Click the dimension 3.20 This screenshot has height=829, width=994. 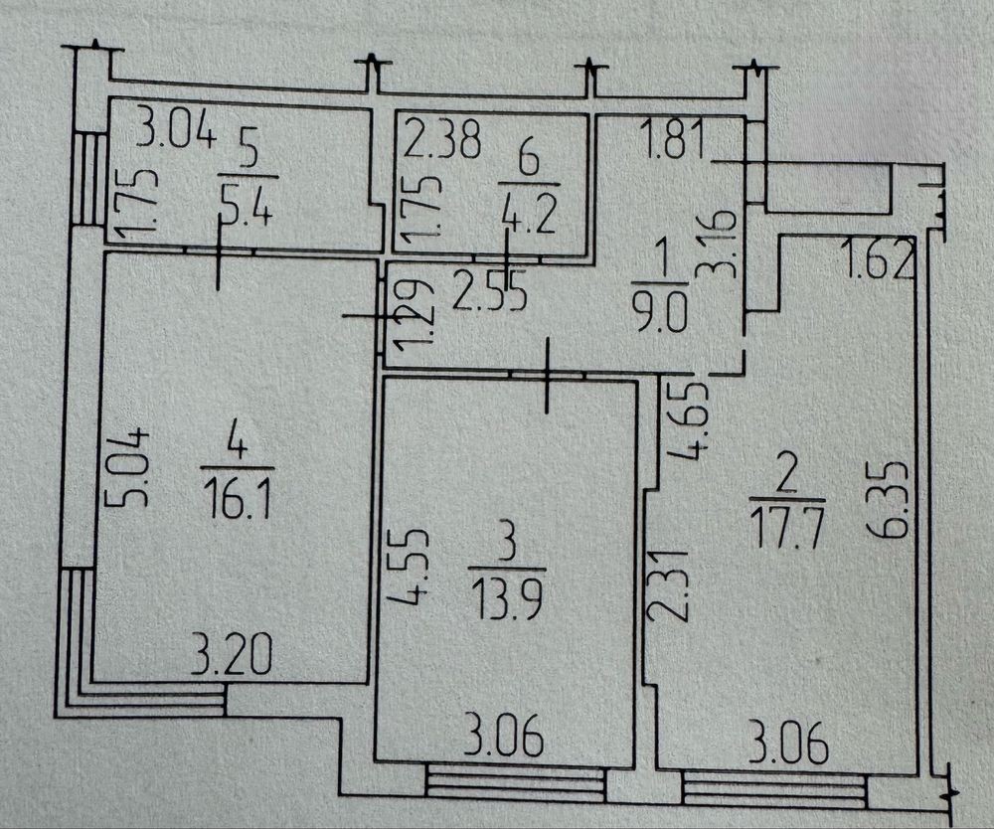coord(232,656)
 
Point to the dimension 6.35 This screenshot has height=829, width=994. coord(889,500)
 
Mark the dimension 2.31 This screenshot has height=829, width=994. coord(668,584)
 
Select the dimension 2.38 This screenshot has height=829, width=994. coord(442,139)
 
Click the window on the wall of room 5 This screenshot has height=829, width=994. coord(88,178)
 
